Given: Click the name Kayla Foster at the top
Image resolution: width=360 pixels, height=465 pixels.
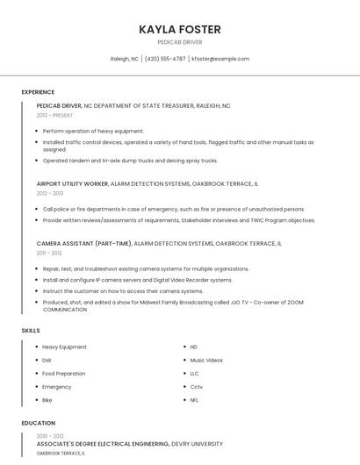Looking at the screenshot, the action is [x=179, y=29].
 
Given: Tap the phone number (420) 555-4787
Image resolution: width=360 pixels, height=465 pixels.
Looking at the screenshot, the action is [x=165, y=59].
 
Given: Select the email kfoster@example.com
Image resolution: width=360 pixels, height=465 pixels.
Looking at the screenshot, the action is [x=220, y=59].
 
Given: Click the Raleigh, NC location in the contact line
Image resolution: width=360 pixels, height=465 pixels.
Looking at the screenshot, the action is [x=124, y=59].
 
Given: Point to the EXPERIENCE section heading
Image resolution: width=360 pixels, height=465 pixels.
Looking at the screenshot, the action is [x=38, y=92].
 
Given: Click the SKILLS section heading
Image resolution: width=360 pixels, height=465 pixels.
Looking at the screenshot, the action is [x=31, y=331].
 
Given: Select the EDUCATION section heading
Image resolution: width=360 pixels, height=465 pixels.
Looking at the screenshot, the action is [x=38, y=423].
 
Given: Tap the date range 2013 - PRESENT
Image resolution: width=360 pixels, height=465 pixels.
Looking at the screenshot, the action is [x=54, y=115].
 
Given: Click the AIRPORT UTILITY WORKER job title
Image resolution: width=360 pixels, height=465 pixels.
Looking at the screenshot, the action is [x=72, y=184].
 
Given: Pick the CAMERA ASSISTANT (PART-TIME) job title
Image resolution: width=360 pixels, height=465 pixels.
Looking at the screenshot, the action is [x=84, y=243].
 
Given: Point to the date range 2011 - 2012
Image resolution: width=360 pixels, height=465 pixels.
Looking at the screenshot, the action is [x=49, y=253].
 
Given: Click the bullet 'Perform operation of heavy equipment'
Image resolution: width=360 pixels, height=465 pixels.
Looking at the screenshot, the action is [x=93, y=131].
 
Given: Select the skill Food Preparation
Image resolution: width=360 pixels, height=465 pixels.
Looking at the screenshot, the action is [x=64, y=373].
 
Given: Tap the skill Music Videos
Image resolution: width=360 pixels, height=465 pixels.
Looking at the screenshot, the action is [x=206, y=360].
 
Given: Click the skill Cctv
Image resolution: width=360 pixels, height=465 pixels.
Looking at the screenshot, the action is [x=196, y=386].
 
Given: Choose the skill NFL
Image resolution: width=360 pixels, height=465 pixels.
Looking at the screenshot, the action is [x=194, y=399].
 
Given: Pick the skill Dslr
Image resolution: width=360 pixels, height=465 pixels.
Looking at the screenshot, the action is [x=47, y=360].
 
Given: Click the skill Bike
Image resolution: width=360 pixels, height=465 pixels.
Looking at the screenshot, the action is [x=47, y=399].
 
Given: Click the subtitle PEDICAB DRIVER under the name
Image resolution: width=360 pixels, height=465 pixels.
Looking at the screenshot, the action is [x=179, y=42].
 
